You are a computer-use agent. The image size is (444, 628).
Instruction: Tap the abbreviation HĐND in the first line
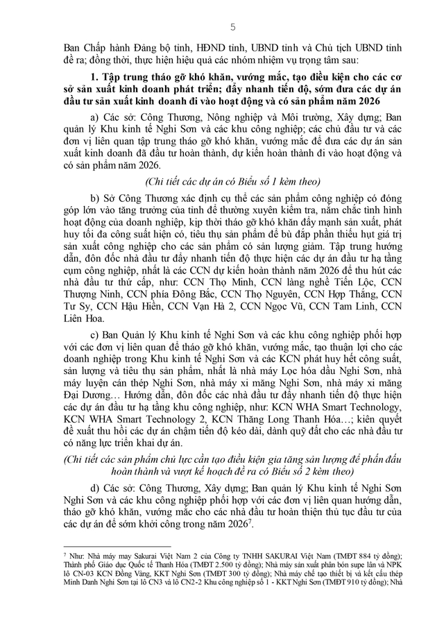pyautogui.click(x=205, y=48)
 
